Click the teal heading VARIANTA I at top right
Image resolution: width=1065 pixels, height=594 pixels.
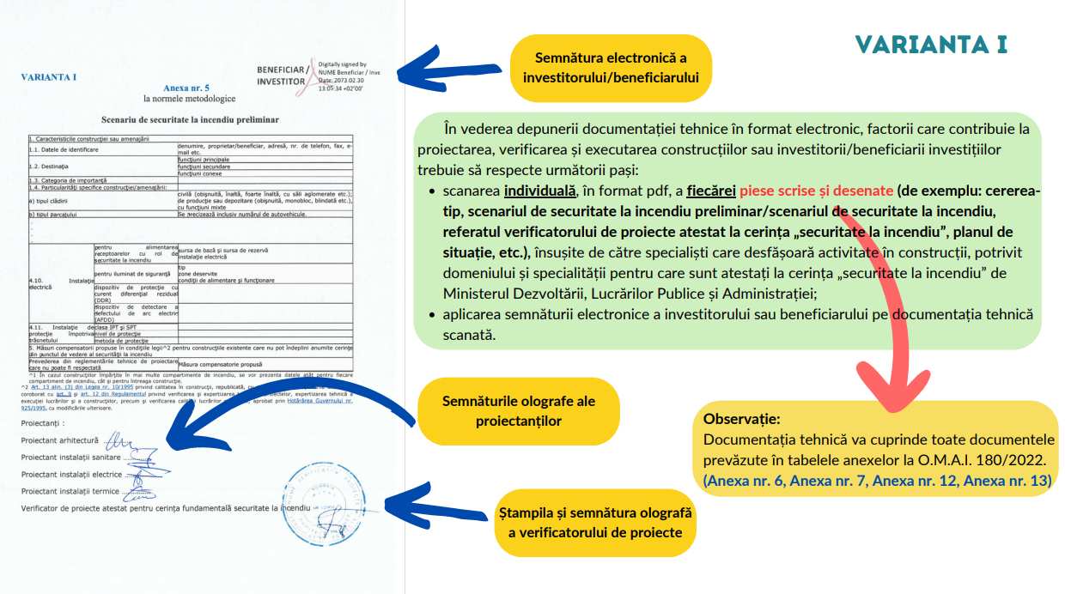931,45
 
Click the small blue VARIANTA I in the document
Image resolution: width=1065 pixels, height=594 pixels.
48,77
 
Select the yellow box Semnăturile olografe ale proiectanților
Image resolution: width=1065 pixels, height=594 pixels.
518,411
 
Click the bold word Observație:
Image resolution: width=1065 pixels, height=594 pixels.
741,420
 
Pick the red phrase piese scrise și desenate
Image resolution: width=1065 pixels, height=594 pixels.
816,191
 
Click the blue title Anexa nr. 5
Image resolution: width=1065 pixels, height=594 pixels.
186,88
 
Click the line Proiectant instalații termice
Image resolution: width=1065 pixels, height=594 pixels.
70,491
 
